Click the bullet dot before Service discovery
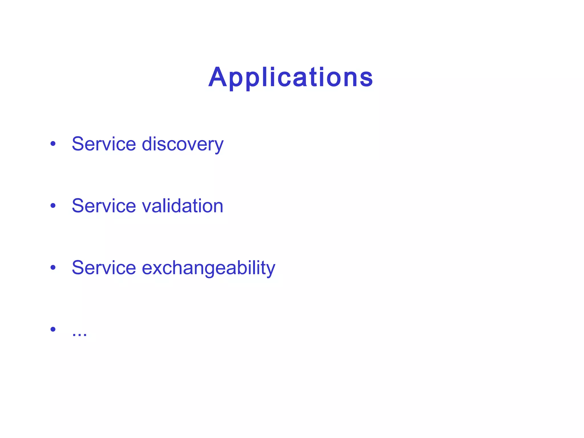tap(53, 143)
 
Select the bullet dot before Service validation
tap(53, 205)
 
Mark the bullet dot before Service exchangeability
tap(53, 267)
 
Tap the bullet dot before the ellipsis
tap(53, 329)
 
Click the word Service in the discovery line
tap(104, 144)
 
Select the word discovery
tap(182, 144)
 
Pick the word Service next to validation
tap(104, 206)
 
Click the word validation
tap(182, 206)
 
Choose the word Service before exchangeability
tap(104, 267)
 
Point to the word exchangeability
tap(208, 268)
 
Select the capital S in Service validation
tap(78, 206)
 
